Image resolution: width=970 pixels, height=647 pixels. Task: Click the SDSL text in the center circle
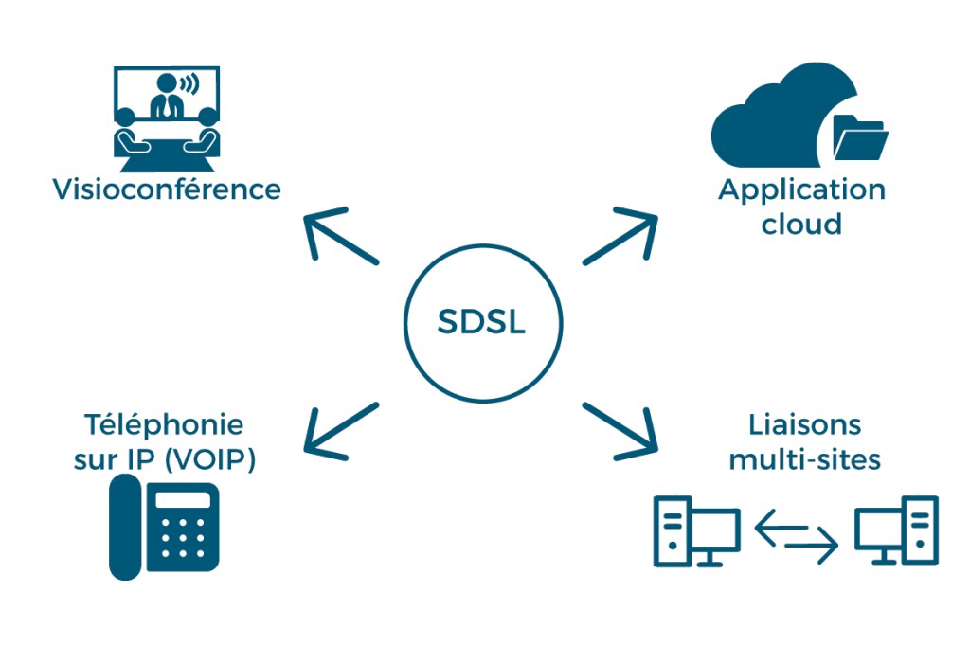click(x=481, y=323)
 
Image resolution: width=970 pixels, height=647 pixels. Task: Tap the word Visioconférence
click(x=167, y=189)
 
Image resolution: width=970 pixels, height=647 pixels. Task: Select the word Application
click(x=801, y=191)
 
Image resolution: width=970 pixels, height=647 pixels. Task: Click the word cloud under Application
click(x=801, y=225)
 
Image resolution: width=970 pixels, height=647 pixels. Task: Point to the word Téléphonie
click(x=164, y=424)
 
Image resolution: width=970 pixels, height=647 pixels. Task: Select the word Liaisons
click(x=805, y=424)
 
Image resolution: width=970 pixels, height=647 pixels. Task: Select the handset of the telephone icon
click(x=125, y=527)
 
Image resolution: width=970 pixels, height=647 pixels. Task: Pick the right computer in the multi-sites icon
click(x=897, y=531)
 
